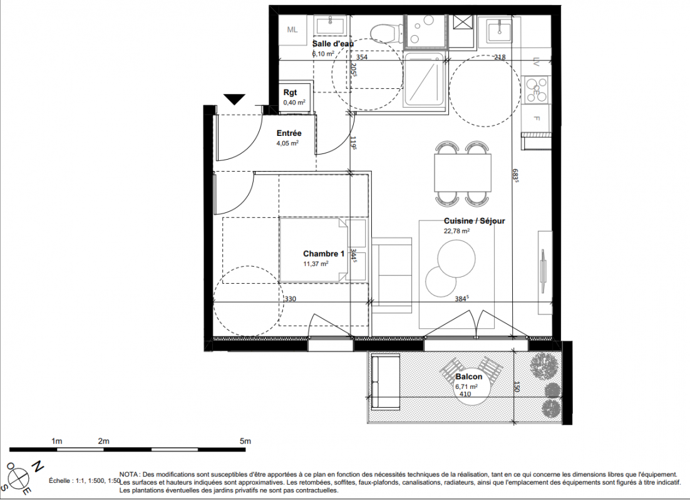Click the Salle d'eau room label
pyautogui.click(x=332, y=44)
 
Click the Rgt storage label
pyautogui.click(x=290, y=93)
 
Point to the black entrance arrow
pyautogui.click(x=235, y=100)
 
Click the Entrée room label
pyautogui.click(x=289, y=133)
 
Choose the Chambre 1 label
pyautogui.click(x=324, y=254)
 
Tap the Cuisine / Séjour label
pyautogui.click(x=475, y=221)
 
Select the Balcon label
pyautogui.click(x=468, y=377)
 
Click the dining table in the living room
pyautogui.click(x=463, y=173)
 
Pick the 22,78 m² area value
pyautogui.click(x=457, y=230)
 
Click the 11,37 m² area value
pyautogui.click(x=316, y=264)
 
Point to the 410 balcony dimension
pyautogui.click(x=465, y=394)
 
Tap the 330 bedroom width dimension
pyautogui.click(x=290, y=299)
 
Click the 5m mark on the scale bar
pyautogui.click(x=245, y=441)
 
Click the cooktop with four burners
pyautogui.click(x=537, y=90)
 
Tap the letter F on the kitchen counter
pyautogui.click(x=536, y=118)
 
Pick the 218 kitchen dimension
pyautogui.click(x=500, y=57)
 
